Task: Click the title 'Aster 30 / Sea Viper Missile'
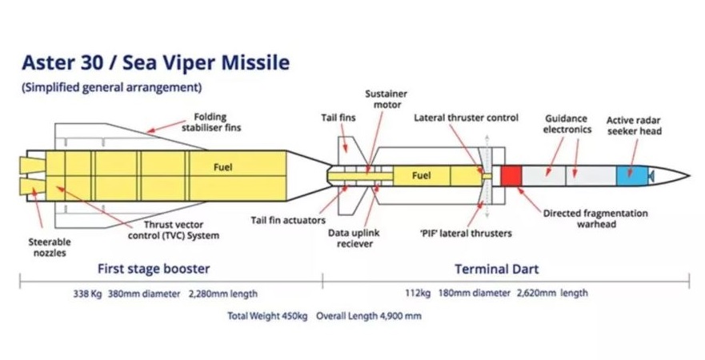(155, 62)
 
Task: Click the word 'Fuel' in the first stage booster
(222, 168)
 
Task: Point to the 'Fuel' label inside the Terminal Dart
(423, 175)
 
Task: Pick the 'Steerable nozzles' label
(50, 246)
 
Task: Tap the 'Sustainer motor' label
(387, 98)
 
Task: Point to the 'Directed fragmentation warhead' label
(595, 218)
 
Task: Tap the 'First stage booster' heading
(154, 269)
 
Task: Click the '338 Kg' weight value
(89, 293)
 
